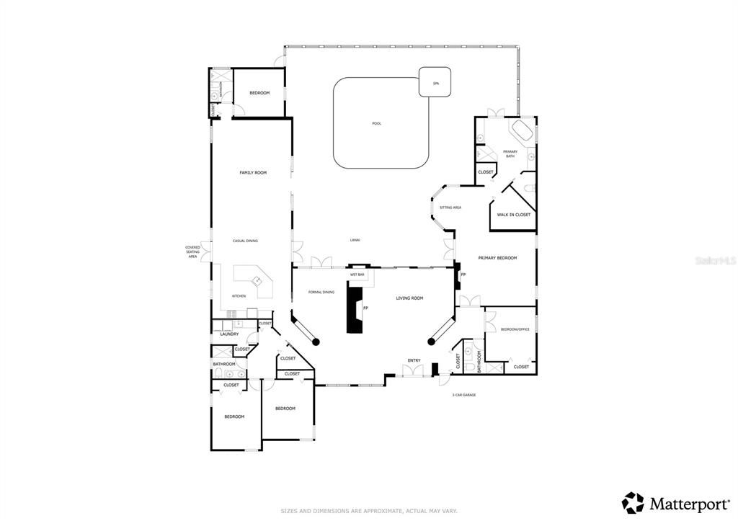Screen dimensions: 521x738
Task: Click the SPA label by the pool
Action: (x=435, y=84)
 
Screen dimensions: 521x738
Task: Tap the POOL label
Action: (x=376, y=123)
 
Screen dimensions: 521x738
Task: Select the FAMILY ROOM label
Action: (x=253, y=172)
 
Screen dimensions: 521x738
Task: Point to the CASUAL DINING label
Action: (x=245, y=241)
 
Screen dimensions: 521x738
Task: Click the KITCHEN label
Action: (x=239, y=296)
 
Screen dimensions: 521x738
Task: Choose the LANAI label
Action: (x=355, y=239)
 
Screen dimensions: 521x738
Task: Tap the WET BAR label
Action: (x=357, y=275)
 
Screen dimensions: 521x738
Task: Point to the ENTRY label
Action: (x=414, y=360)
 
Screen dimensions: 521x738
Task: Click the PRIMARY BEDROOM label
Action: (x=497, y=257)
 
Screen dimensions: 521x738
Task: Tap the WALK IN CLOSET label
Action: (x=513, y=215)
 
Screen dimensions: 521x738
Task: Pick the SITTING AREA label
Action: (x=450, y=208)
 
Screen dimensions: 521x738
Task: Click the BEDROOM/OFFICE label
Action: (x=515, y=329)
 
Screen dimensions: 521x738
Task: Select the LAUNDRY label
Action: (x=229, y=334)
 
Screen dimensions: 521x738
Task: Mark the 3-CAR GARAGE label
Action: (x=463, y=395)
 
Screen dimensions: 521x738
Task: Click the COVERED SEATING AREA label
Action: (x=192, y=251)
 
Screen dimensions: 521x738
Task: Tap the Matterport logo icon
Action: (x=633, y=502)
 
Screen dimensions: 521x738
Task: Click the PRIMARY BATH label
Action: (x=510, y=153)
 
